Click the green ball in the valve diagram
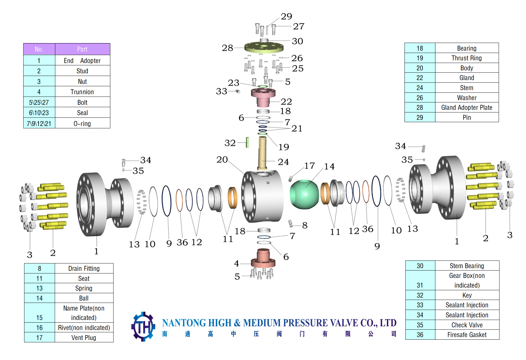[304, 195]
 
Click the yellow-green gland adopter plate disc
[264, 47]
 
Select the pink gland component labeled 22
[263, 97]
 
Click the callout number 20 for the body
[222, 160]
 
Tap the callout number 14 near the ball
[329, 167]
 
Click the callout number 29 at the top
[286, 16]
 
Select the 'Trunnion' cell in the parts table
[82, 92]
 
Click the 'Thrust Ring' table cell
[467, 58]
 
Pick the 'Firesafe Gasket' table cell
[467, 335]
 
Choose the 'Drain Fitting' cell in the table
[84, 268]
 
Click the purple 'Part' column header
[82, 49]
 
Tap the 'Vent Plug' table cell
[84, 338]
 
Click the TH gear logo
[143, 326]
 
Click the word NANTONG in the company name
[181, 323]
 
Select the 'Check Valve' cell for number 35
[467, 325]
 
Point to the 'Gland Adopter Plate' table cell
[467, 107]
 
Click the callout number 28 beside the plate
[227, 48]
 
